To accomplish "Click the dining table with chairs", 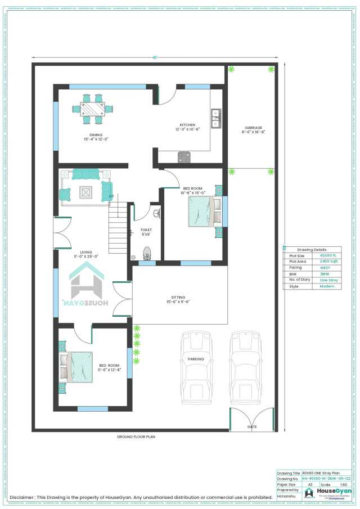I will tap(92, 109).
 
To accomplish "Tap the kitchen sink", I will tap(215, 118).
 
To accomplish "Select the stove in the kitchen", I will tap(184, 156).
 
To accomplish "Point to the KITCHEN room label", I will tap(187, 125).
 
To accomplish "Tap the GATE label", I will tap(251, 427).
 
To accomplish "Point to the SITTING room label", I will tap(178, 298).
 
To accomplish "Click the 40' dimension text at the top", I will tap(154, 57).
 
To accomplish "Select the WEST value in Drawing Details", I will tap(326, 268).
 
